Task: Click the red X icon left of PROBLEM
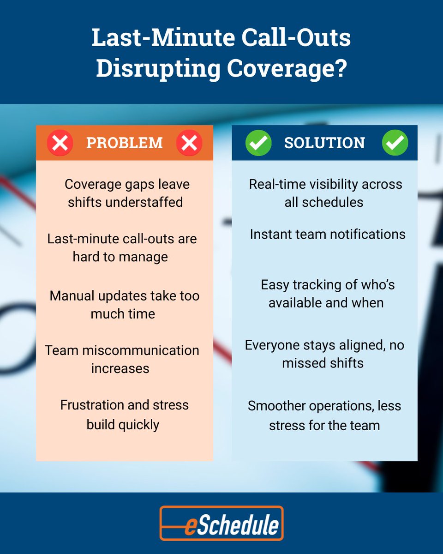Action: point(60,143)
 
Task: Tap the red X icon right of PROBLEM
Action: point(189,143)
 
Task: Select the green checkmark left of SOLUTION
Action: point(258,143)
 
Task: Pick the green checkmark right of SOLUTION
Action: point(395,143)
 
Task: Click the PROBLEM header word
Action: point(124,143)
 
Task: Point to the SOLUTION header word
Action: point(324,143)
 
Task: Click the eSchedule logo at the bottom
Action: point(221,523)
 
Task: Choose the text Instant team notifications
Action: point(328,234)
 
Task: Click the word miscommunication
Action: point(141,350)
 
